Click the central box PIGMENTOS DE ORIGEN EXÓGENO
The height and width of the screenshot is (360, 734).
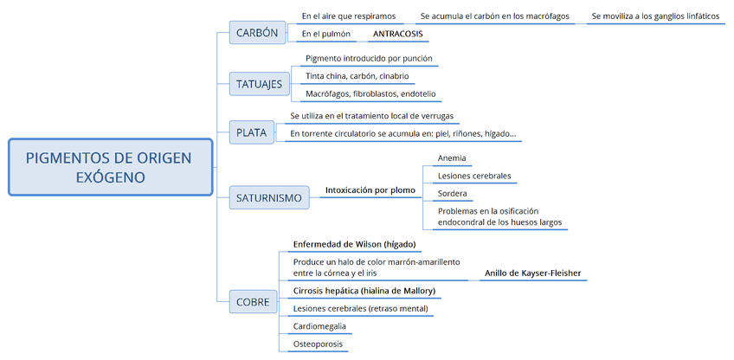110,167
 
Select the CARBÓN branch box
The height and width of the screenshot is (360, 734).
257,34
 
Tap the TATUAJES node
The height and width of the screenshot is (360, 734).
260,84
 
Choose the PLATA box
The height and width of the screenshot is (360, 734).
251,133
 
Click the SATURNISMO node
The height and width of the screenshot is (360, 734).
269,198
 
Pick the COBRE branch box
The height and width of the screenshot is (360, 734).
253,302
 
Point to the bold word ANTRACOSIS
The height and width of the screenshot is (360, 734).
397,35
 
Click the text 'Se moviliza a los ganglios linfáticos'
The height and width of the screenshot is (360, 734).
655,16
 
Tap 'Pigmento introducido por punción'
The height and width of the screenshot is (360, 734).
369,59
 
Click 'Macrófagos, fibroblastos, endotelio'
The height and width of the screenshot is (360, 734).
370,93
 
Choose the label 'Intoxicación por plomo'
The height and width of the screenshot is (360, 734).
370,190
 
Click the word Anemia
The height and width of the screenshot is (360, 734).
452,158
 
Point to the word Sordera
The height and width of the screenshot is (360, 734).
453,193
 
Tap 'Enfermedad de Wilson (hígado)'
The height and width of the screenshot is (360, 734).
355,244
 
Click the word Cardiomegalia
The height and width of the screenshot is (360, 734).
320,326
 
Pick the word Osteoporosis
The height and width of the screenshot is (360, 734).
318,344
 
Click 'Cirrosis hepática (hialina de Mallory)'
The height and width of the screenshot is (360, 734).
364,291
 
